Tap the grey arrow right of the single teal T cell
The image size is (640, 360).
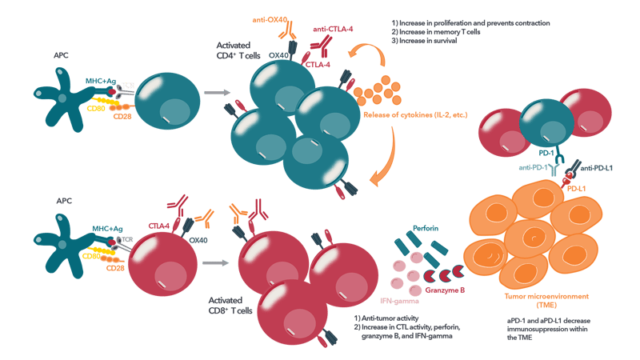[x=214, y=93]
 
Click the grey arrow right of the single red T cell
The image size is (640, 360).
[x=213, y=262]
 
